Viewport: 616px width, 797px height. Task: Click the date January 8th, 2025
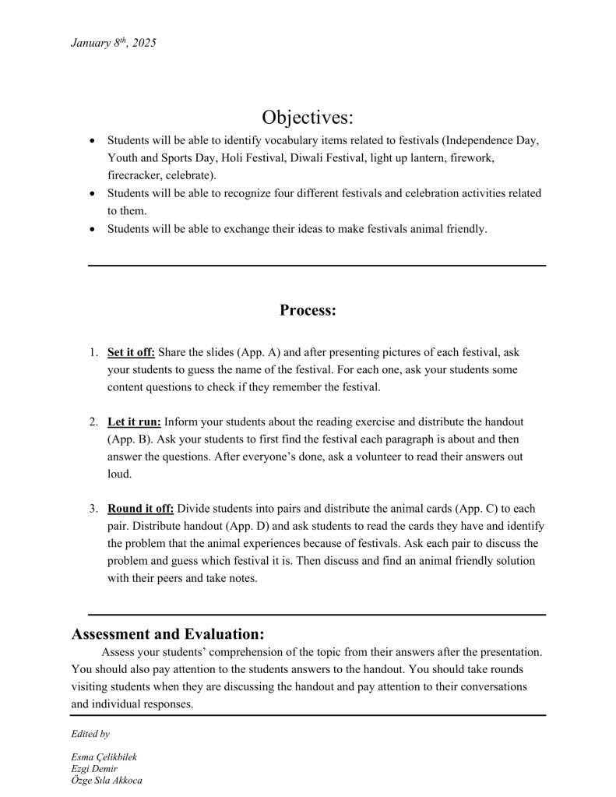pyautogui.click(x=113, y=44)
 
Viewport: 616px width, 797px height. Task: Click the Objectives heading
pyautogui.click(x=308, y=118)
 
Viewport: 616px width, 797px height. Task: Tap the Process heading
pyautogui.click(x=308, y=310)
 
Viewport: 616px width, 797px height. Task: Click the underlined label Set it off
pyautogui.click(x=131, y=352)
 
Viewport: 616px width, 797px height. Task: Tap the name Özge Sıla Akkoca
pyautogui.click(x=107, y=780)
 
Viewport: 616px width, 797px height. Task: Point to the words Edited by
pyautogui.click(x=90, y=734)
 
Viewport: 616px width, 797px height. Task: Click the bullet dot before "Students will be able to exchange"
pyautogui.click(x=93, y=228)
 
